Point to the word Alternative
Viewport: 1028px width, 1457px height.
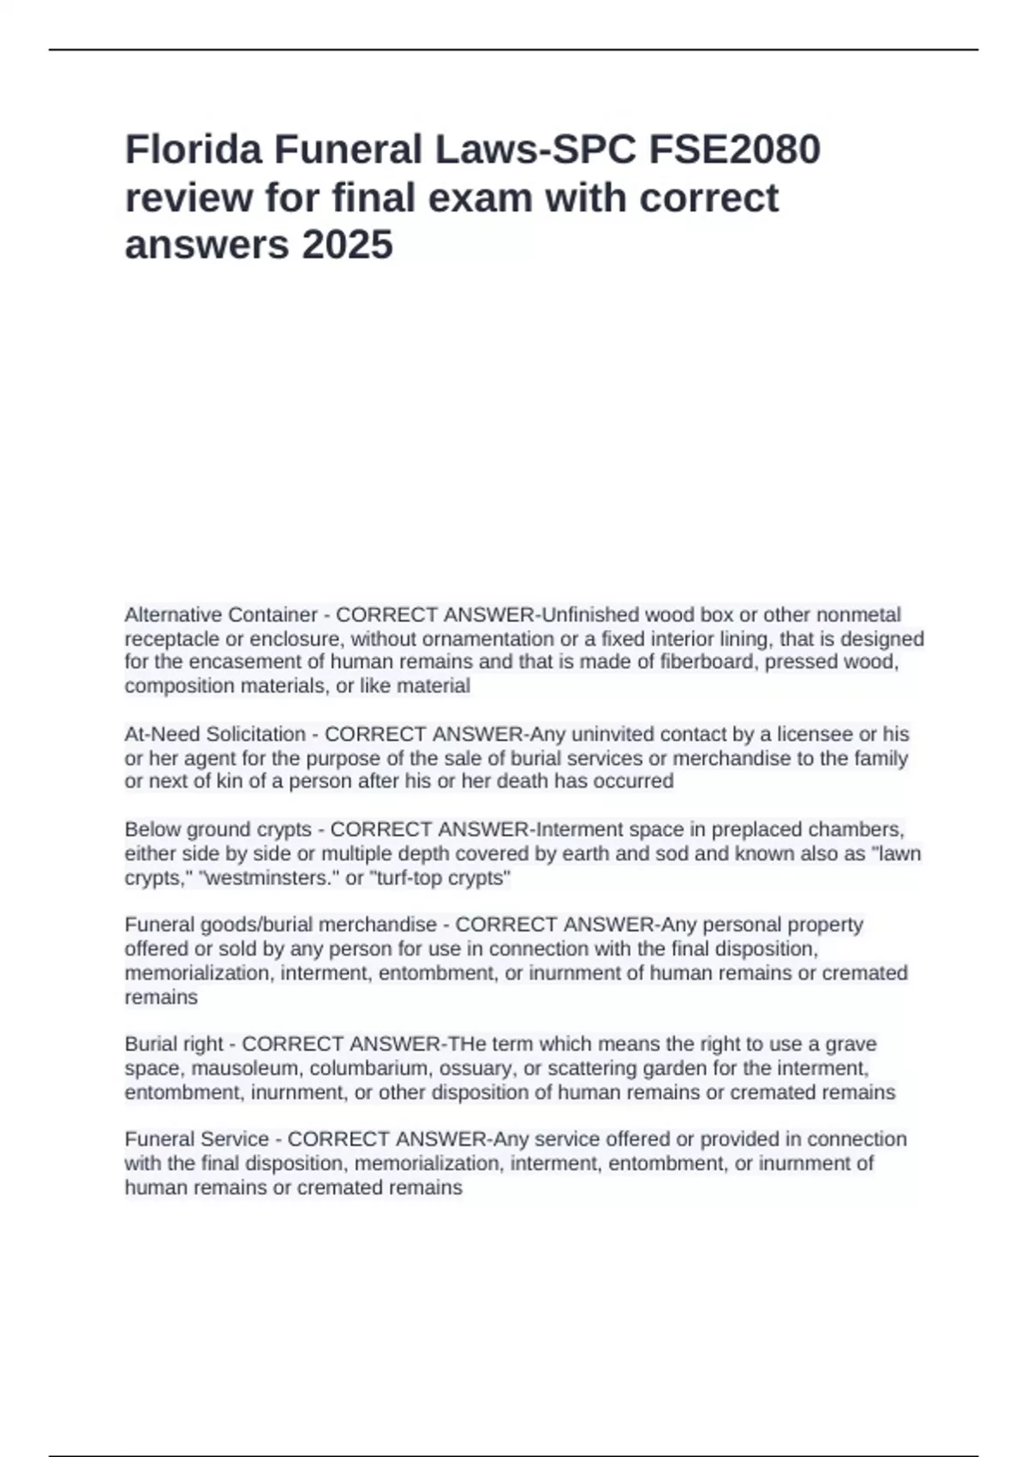174,615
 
